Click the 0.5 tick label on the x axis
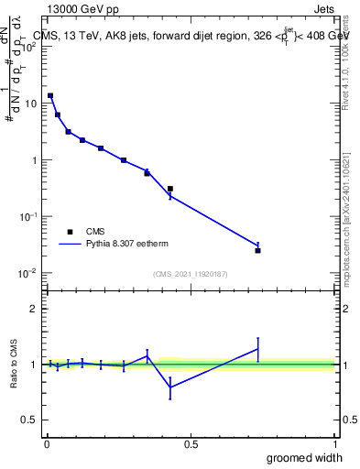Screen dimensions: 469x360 191,444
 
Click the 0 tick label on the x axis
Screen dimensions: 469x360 47,444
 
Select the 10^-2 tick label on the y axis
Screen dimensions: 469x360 27,273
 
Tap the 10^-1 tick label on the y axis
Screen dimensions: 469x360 27,216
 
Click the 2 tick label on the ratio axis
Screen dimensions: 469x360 33,309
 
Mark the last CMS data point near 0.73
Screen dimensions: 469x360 258,250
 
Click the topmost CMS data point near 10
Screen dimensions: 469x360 50,95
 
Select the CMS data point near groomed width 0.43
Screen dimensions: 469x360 170,189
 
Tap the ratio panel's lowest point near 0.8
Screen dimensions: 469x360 170,387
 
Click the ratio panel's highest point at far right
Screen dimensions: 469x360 258,348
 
